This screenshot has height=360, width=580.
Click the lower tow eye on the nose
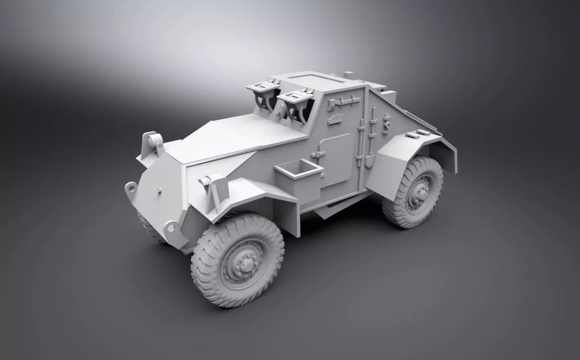coord(169,226)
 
